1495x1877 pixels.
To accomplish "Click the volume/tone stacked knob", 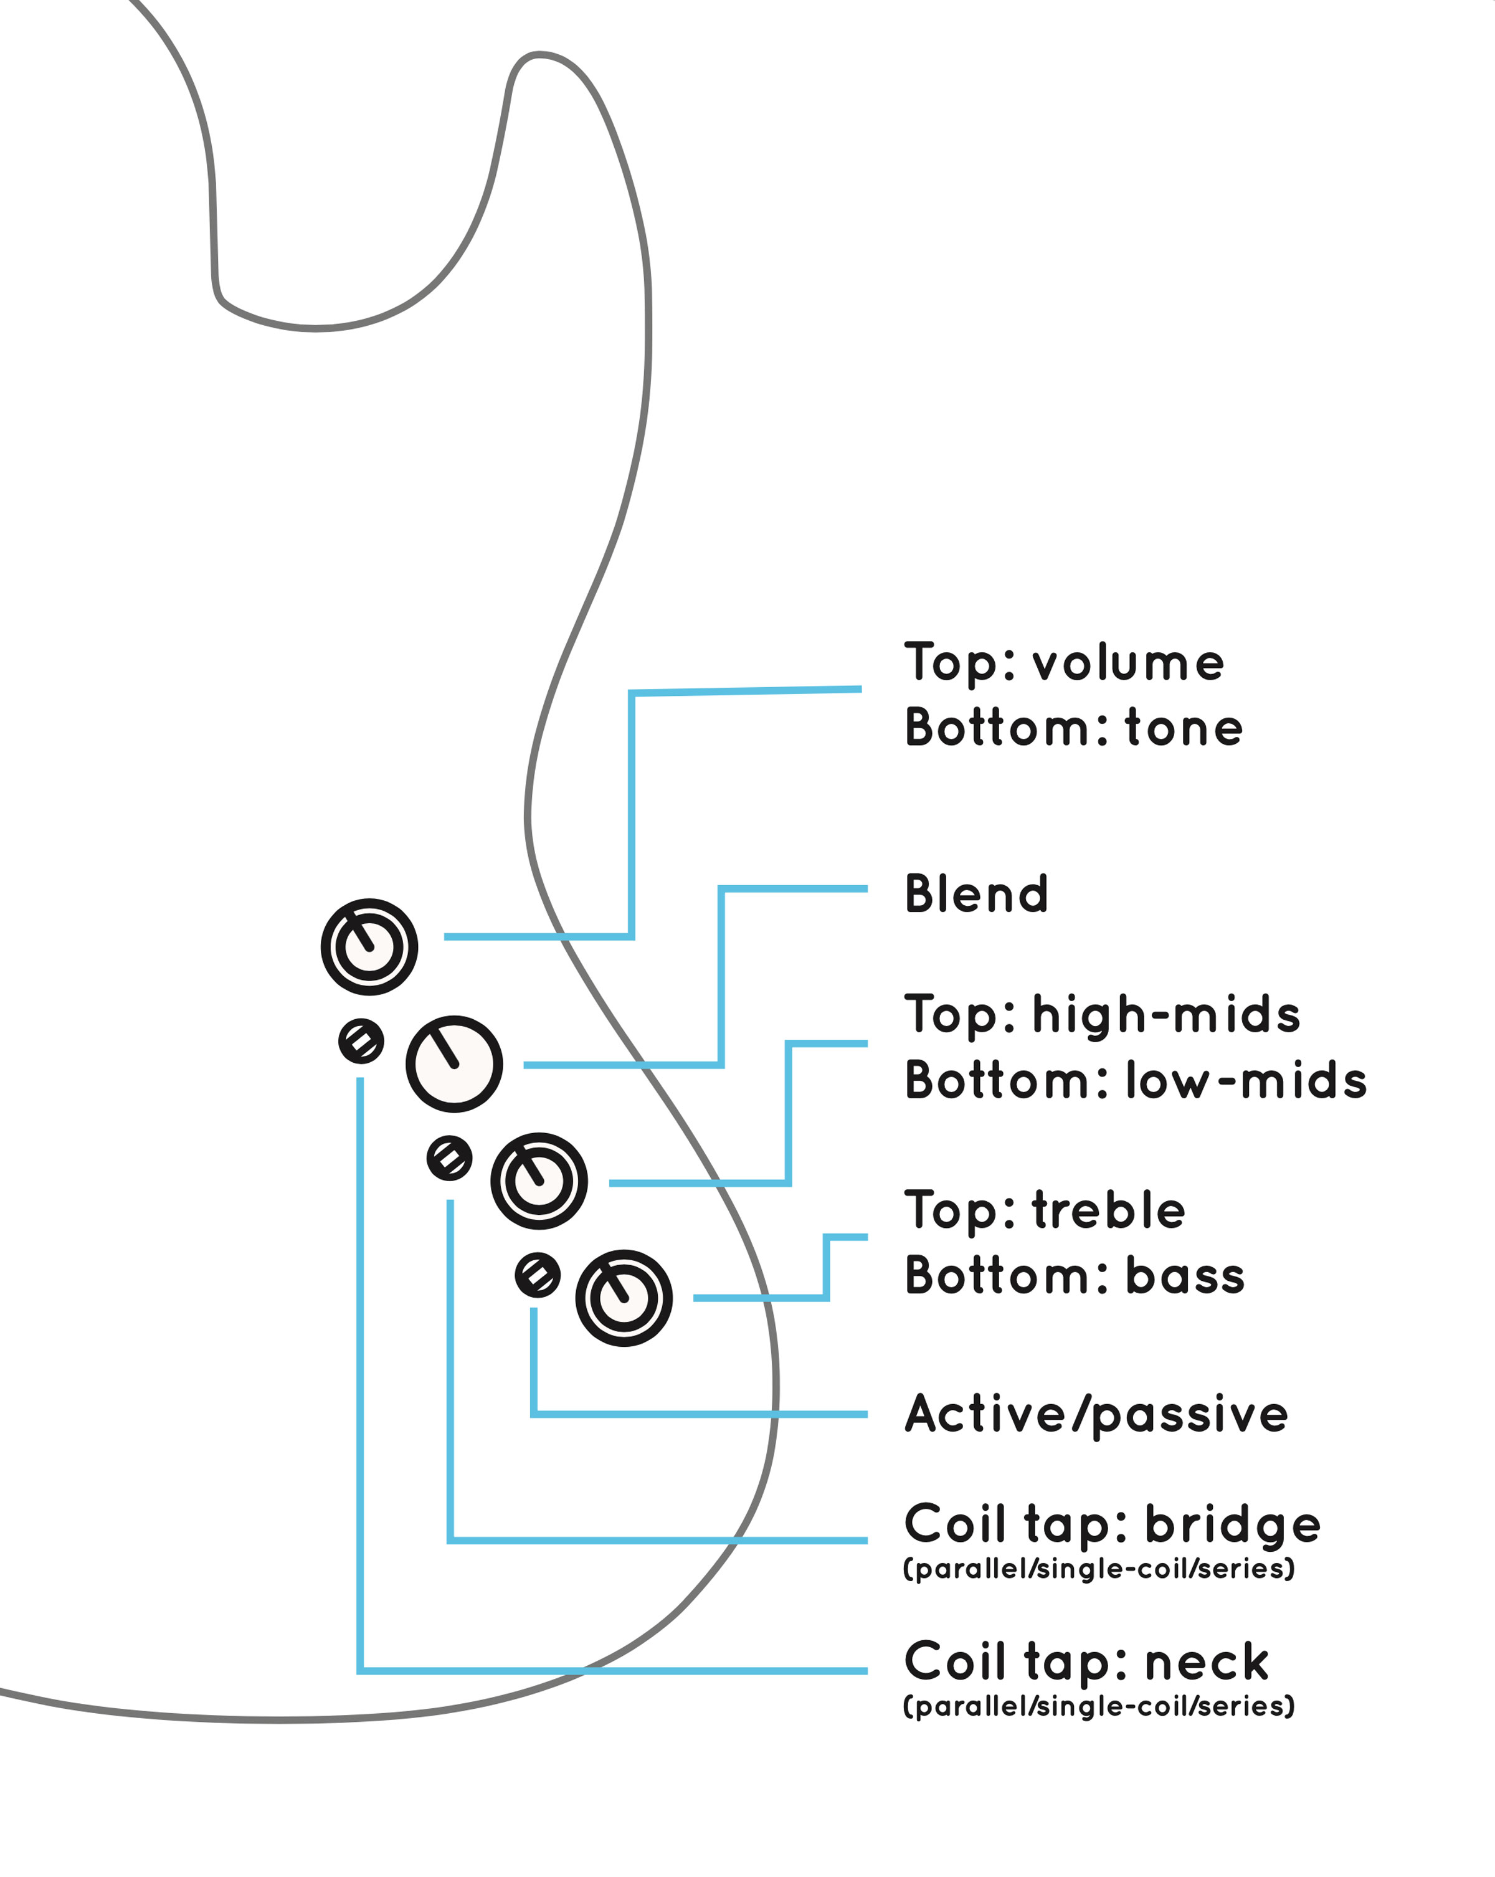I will click(369, 946).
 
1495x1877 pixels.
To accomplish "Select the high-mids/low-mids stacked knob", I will click(539, 1181).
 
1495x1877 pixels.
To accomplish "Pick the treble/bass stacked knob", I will click(624, 1298).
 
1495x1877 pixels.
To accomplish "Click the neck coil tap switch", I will click(361, 1040).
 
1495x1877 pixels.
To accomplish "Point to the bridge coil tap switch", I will click(449, 1158).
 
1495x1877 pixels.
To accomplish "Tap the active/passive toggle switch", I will click(537, 1275).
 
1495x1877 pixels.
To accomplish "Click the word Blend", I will click(976, 894).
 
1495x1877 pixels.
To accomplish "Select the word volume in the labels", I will click(1129, 663).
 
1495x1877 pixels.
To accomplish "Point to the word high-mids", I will click(1166, 1015).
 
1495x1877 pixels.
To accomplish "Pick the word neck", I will click(1207, 1663).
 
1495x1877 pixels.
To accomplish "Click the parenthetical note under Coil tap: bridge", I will click(1099, 1569).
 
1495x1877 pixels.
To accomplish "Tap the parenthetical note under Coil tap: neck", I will click(1099, 1706).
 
